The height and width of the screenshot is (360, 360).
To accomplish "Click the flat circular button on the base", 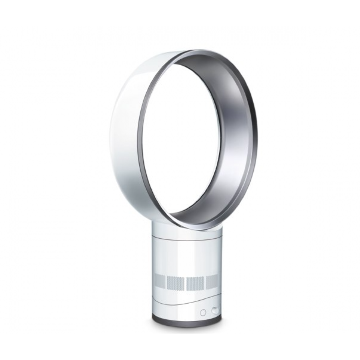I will (x=203, y=312).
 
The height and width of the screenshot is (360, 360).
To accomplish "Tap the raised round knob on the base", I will (x=215, y=310).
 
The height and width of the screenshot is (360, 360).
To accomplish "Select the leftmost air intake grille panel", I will (x=159, y=282).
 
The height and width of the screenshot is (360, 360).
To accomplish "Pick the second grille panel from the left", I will (x=175, y=283).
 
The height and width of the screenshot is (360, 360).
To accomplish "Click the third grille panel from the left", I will (x=195, y=283).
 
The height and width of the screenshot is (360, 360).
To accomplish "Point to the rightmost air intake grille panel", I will (x=212, y=282).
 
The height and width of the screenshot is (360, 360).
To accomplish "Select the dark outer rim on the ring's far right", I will (x=256, y=132).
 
